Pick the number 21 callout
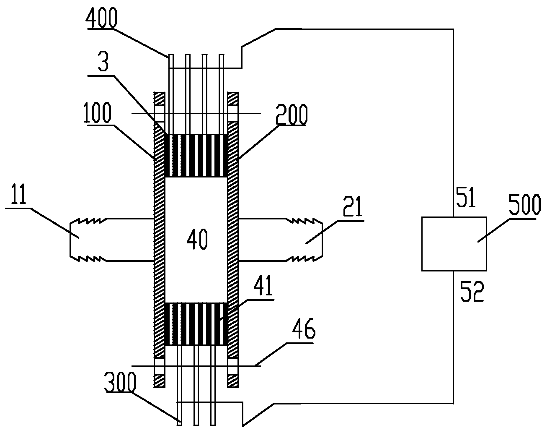coord(353,209)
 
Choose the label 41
coord(263,287)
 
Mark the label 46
coord(303,331)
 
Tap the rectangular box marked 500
coord(454,243)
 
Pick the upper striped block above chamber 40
coord(196,155)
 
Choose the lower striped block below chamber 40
coord(196,324)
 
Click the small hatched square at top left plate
coord(160,99)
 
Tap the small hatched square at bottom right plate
coord(233,381)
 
